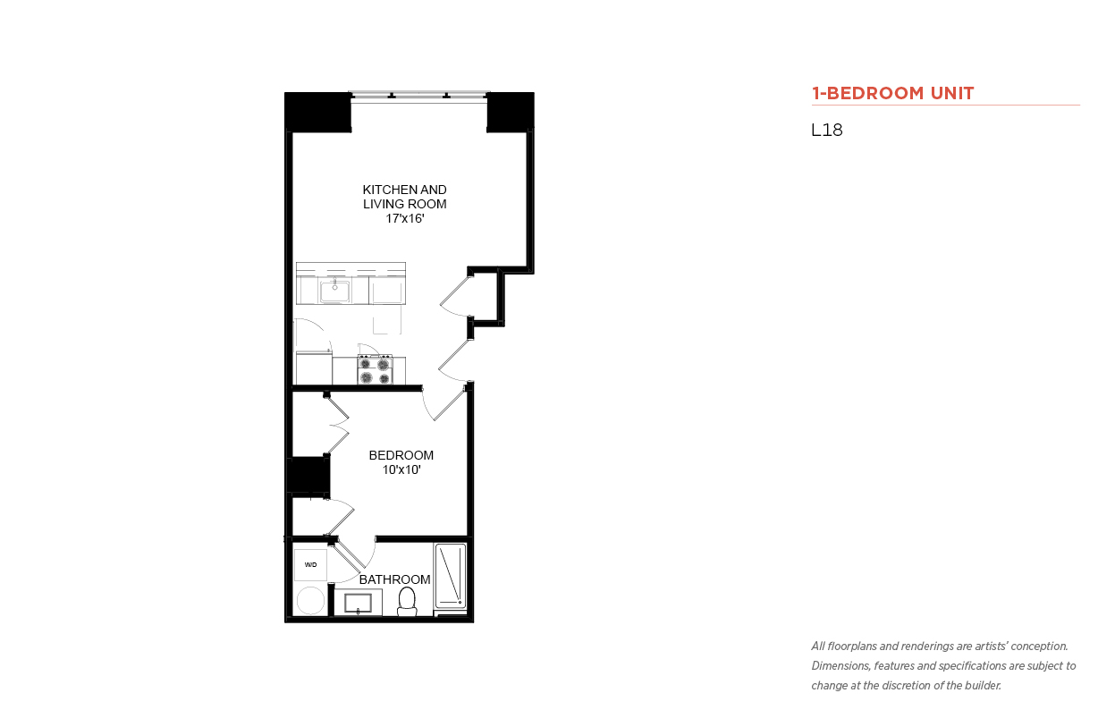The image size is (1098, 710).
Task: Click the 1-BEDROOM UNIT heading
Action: coord(892,93)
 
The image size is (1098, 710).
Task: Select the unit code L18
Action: coord(827,130)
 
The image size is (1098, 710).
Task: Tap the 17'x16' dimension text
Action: coord(404,219)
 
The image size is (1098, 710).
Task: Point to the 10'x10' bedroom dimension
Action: coord(401,469)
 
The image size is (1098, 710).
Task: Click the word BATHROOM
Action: coord(394,579)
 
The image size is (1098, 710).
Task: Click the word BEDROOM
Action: coord(401,455)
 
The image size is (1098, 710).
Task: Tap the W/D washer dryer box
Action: coord(310,565)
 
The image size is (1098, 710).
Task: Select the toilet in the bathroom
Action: coord(407,601)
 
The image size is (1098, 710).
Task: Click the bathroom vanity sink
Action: coord(358,603)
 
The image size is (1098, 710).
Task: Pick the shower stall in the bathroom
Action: coord(450,576)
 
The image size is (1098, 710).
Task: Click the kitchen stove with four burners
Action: coord(375,369)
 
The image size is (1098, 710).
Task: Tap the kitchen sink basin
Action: coord(334,292)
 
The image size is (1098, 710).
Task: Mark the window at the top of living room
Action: coord(419,97)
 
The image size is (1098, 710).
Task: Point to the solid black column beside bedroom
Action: coord(308,475)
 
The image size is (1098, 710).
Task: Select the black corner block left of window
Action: coord(318,112)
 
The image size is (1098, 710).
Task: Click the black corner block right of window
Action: coord(511,112)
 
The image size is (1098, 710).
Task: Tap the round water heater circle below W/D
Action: coord(311,600)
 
